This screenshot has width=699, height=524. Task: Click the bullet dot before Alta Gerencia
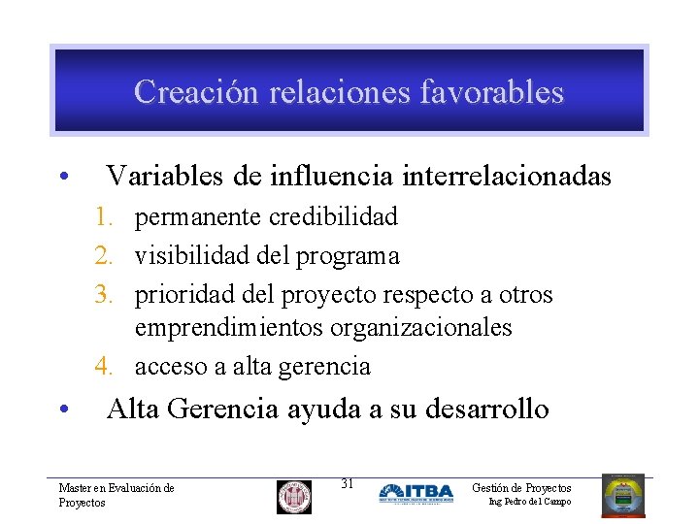tap(61, 410)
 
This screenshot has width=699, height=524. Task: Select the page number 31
tap(348, 483)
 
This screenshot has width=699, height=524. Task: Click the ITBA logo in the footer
tap(416, 493)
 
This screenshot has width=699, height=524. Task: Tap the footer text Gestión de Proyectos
tap(521, 487)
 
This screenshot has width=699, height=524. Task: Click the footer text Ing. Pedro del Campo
tap(529, 502)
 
